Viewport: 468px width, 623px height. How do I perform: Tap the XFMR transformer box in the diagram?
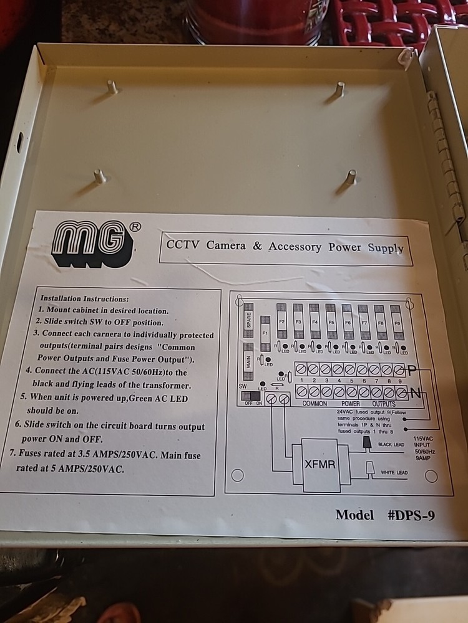pos(321,464)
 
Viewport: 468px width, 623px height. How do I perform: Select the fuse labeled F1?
pos(265,333)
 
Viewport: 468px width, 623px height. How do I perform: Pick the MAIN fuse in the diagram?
pos(248,358)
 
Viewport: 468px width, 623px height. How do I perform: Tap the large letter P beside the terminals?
pos(413,370)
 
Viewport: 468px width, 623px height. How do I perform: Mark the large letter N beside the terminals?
pos(414,393)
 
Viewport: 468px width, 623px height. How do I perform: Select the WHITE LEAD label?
pos(394,473)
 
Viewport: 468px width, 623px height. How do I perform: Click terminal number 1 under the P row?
pos(301,379)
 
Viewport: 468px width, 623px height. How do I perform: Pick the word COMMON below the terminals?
pos(314,404)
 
